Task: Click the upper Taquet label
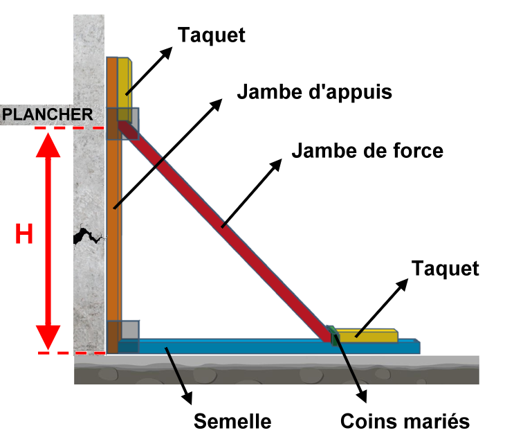(x=212, y=35)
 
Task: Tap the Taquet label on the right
(x=445, y=268)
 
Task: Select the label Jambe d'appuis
(x=314, y=91)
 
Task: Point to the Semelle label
(x=232, y=420)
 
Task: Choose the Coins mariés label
(x=405, y=420)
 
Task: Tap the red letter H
(x=24, y=236)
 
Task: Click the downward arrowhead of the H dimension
(x=48, y=339)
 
